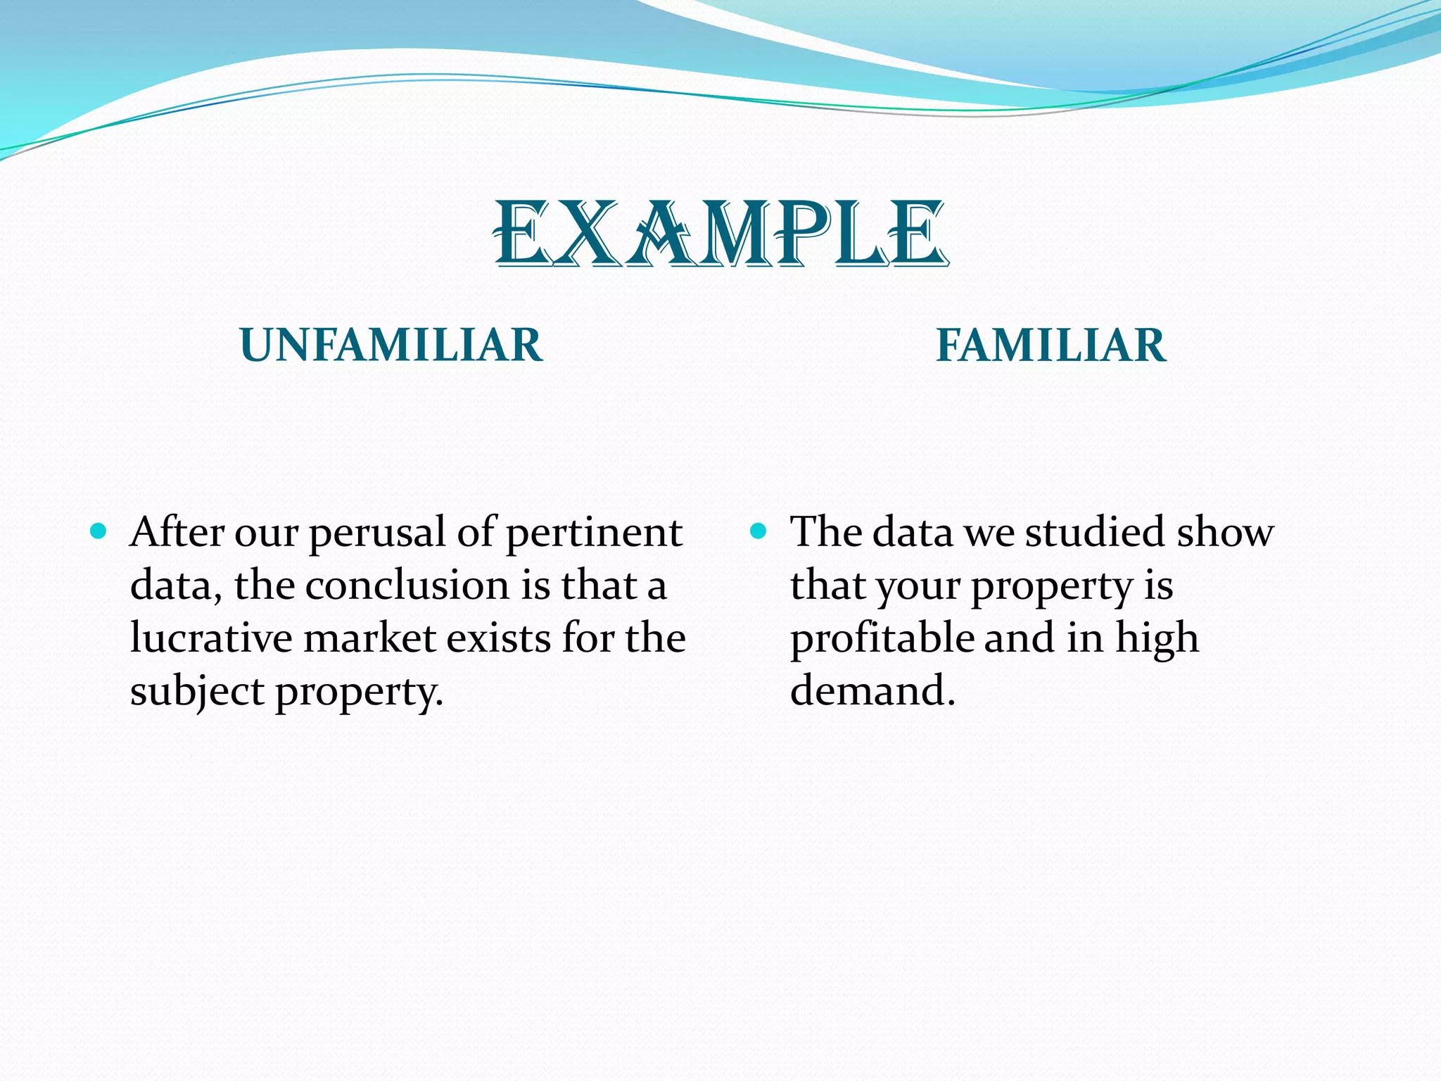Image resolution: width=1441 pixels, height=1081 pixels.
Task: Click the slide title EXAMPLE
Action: (x=720, y=234)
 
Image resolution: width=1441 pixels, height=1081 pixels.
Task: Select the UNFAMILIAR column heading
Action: (x=391, y=346)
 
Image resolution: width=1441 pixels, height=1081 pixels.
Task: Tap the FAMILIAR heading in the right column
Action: (x=1051, y=346)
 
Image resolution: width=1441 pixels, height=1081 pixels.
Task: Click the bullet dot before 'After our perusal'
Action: (x=99, y=531)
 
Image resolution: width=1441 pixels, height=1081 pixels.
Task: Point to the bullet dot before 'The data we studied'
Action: (x=758, y=531)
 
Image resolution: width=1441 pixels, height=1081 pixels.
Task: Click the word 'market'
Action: (x=370, y=638)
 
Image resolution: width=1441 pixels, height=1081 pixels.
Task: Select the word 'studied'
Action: (x=1095, y=532)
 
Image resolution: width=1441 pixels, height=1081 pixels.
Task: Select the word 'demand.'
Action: (x=872, y=691)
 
